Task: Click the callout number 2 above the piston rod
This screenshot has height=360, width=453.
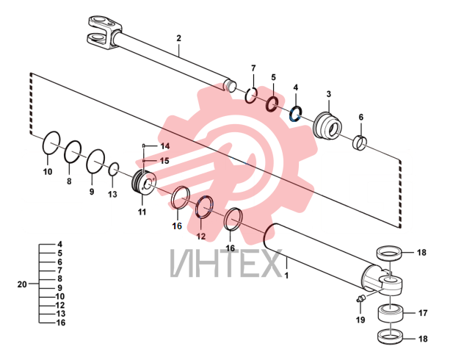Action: (x=178, y=38)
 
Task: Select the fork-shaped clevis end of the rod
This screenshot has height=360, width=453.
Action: (x=104, y=32)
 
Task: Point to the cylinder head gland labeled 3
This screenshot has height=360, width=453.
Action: (x=327, y=125)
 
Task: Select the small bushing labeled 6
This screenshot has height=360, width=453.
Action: (x=360, y=143)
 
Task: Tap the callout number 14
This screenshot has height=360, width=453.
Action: (x=165, y=146)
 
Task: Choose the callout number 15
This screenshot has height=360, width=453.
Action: (x=164, y=161)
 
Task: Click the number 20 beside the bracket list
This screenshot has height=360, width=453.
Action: (x=22, y=284)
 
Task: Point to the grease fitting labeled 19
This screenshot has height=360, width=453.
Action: (x=360, y=299)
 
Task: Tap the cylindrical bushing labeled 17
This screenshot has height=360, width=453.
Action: (x=391, y=313)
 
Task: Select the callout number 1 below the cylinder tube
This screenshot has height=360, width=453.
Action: (x=286, y=276)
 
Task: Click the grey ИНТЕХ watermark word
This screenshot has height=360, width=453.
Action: (x=225, y=263)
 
